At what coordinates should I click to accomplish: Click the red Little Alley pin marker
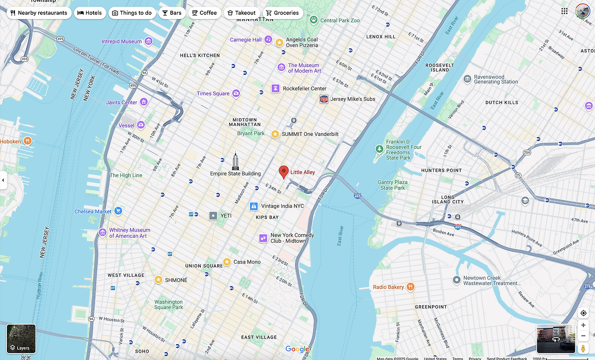[x=284, y=172]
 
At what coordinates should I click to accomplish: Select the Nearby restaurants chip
[x=39, y=13]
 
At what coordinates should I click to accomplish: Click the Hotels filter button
[x=90, y=13]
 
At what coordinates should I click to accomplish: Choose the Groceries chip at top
[x=282, y=13]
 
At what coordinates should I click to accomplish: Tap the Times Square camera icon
[x=236, y=93]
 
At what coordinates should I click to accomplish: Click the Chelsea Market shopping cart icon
[x=118, y=211]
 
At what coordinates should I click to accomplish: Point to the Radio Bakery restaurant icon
[x=410, y=287]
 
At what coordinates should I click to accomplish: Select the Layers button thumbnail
[x=21, y=339]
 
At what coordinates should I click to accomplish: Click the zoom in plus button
[x=583, y=325]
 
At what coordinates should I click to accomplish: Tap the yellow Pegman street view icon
[x=583, y=348]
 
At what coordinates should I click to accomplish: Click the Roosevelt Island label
[x=439, y=67]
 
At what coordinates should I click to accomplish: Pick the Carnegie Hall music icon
[x=268, y=40]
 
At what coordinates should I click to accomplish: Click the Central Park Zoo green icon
[x=314, y=20]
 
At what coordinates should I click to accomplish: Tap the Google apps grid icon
[x=564, y=11]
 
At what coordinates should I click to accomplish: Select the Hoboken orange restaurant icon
[x=28, y=141]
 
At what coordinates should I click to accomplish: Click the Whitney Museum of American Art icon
[x=102, y=233]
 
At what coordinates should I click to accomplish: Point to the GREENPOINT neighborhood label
[x=430, y=307]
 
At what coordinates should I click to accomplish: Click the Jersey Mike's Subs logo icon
[x=324, y=99]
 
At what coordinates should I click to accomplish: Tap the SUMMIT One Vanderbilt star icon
[x=275, y=134]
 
